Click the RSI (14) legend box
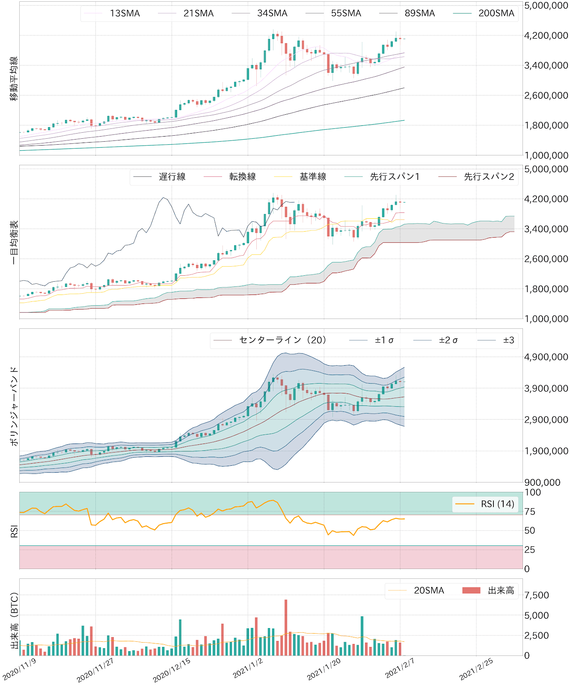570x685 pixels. [485, 504]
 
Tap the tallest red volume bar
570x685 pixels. [286, 628]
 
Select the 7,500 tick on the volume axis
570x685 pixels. [537, 595]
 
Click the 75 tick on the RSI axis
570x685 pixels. [530, 512]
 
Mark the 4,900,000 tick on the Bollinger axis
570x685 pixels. [546, 357]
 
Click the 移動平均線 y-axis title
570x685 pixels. [14, 78]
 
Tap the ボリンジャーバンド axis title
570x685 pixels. [14, 406]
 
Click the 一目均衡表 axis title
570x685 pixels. [14, 242]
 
